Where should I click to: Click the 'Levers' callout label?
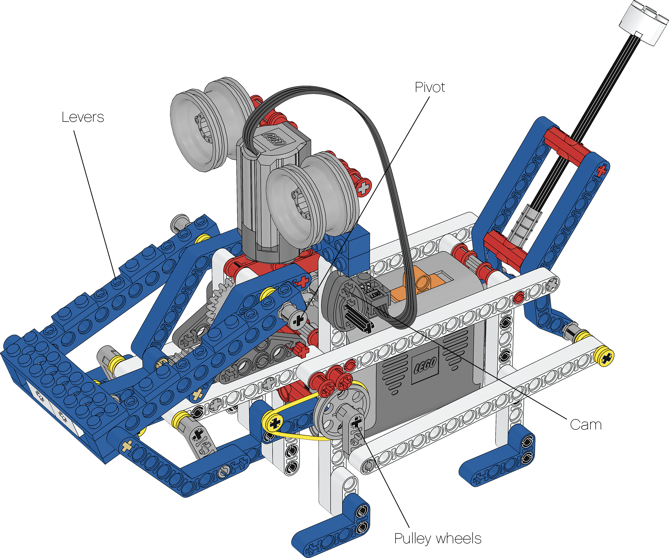pyautogui.click(x=83, y=117)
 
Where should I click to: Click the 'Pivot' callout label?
pyautogui.click(x=429, y=87)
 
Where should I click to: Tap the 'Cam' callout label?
pyautogui.click(x=586, y=425)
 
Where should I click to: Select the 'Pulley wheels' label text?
pyautogui.click(x=437, y=539)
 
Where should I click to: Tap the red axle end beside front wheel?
pyautogui.click(x=363, y=188)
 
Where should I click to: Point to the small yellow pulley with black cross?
pyautogui.click(x=275, y=423)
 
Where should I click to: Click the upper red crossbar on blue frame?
pyautogui.click(x=567, y=143)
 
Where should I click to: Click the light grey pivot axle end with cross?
pyautogui.click(x=298, y=320)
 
